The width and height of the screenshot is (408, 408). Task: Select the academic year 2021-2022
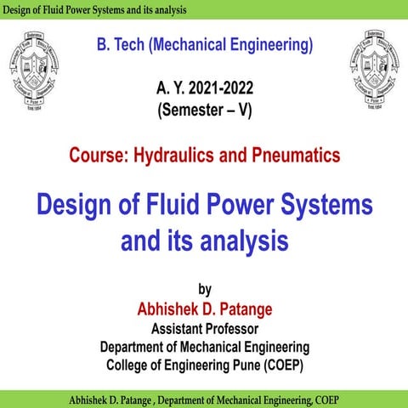point(224,88)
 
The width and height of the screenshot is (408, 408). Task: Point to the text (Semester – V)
point(204,108)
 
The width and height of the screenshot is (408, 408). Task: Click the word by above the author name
point(204,287)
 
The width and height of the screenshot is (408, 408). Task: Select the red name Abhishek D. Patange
point(204,308)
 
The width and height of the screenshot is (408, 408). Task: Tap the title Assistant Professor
point(204,328)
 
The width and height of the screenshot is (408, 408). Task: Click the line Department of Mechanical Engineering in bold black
point(204,347)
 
